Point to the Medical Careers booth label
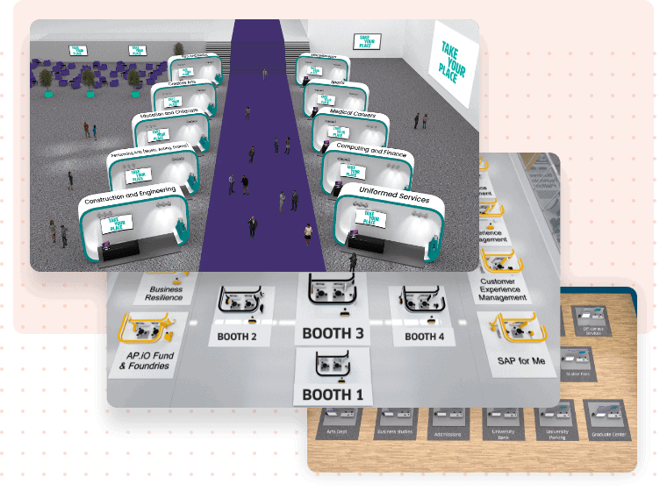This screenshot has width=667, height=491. coord(353,115)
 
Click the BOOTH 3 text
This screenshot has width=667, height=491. coord(333,333)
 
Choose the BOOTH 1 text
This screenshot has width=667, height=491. coord(333,394)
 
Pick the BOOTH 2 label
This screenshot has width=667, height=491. coord(236,336)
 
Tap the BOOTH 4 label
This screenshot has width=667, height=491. coord(425,336)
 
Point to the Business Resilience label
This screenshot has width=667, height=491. coord(166,293)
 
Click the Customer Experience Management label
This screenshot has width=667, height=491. coord(504,290)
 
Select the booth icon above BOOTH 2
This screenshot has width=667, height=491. coord(238,303)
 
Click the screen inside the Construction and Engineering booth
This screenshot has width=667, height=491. coord(113,224)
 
